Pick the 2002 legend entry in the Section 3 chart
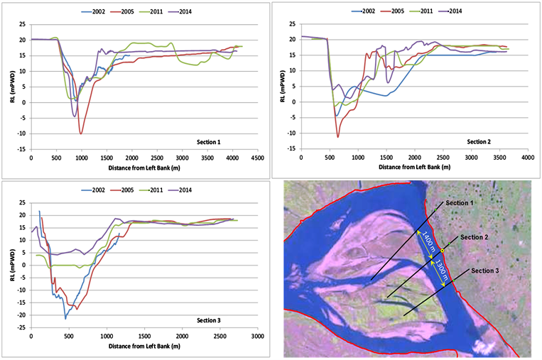point(98,190)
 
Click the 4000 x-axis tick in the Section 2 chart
point(526,158)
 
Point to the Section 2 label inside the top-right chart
point(483,141)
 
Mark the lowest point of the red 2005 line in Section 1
point(81,133)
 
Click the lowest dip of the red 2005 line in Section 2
point(338,136)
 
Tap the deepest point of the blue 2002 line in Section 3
point(65,318)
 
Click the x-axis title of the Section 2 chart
point(413,168)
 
